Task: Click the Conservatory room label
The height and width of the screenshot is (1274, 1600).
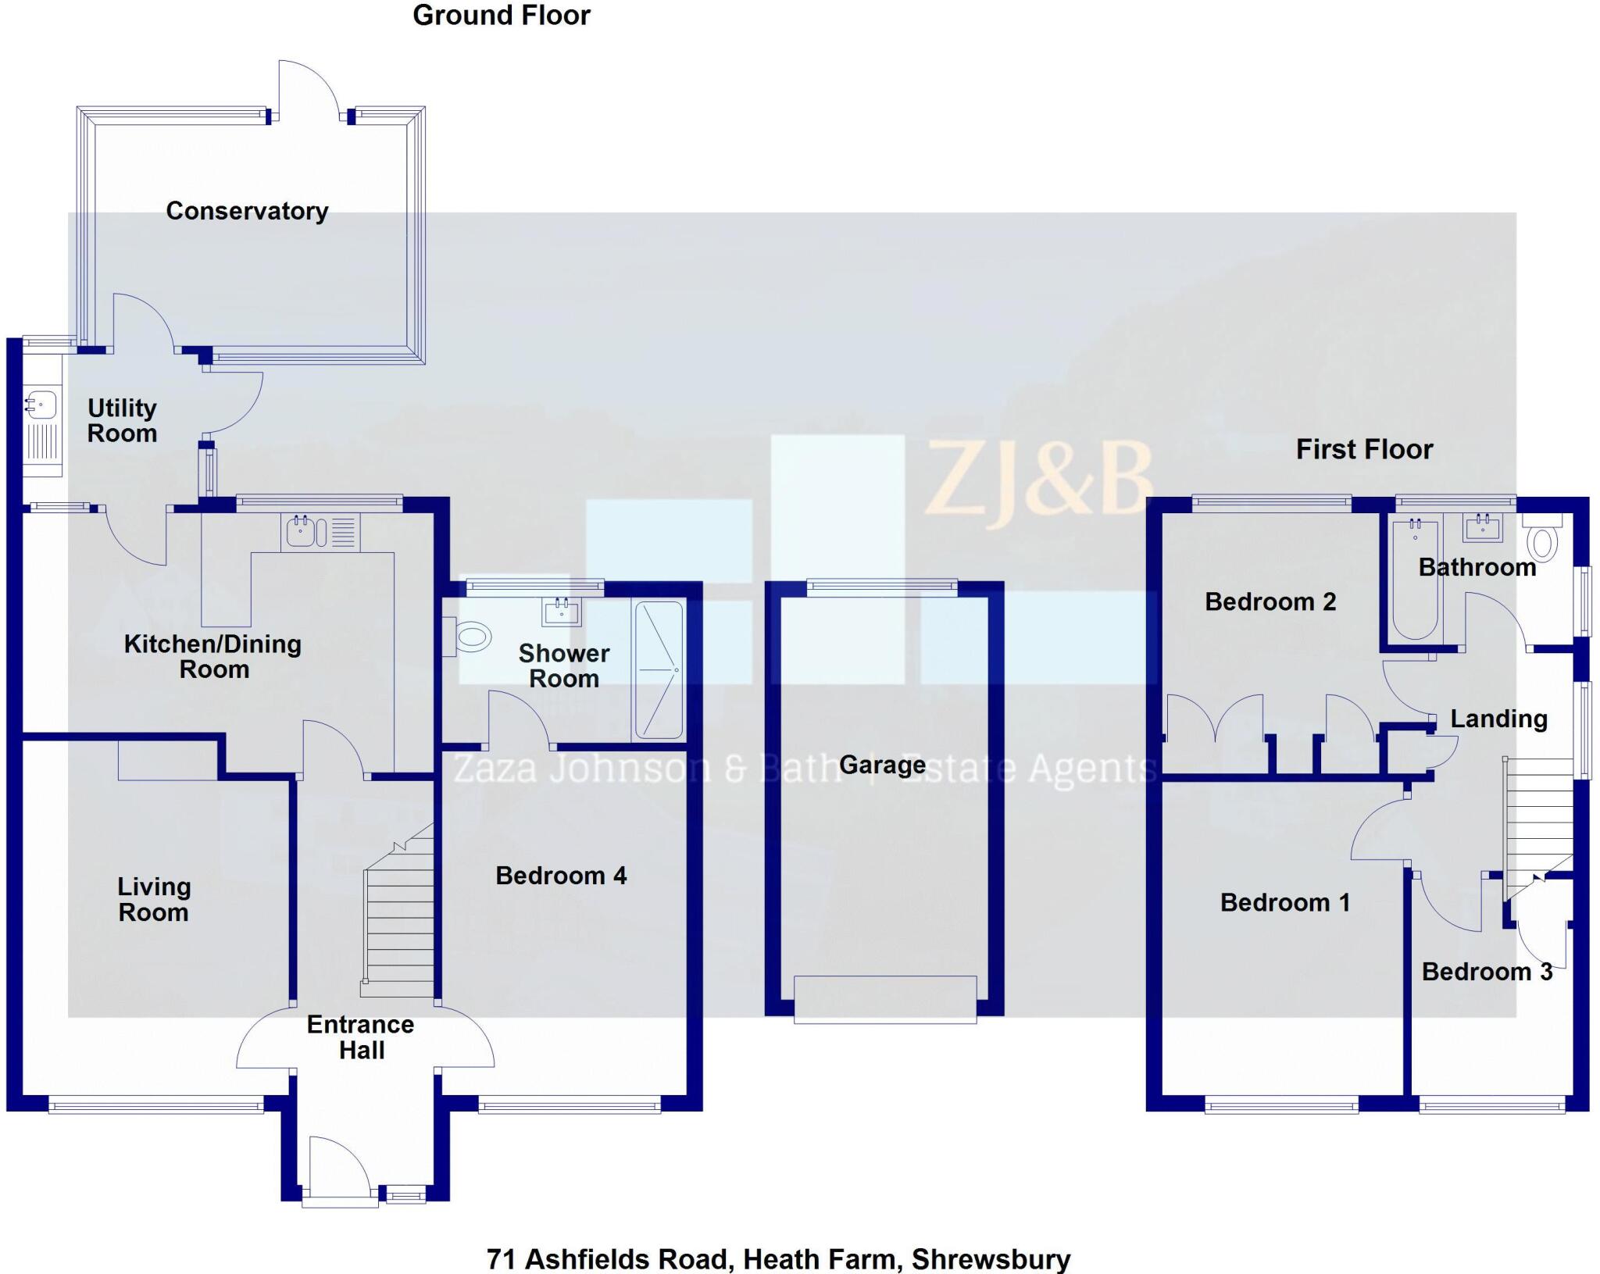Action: pyautogui.click(x=247, y=211)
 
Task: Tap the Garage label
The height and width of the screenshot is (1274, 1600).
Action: pyautogui.click(x=882, y=765)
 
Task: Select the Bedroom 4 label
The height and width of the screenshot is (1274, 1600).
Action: pyautogui.click(x=561, y=876)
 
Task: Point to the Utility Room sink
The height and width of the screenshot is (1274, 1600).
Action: pyautogui.click(x=40, y=405)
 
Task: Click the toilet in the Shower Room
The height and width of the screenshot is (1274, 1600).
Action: pyautogui.click(x=471, y=637)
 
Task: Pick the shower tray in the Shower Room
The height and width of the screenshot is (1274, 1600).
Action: pyautogui.click(x=659, y=669)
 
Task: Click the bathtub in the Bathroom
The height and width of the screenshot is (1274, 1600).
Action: pyautogui.click(x=1415, y=578)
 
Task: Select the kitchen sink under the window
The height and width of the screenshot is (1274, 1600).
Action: pyautogui.click(x=301, y=531)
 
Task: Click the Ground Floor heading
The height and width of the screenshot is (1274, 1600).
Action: pyautogui.click(x=502, y=16)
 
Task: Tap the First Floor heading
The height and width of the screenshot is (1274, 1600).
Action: pyautogui.click(x=1364, y=449)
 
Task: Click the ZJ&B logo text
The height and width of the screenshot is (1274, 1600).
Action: pyautogui.click(x=1039, y=477)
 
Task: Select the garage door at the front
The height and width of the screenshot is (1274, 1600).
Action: pyautogui.click(x=885, y=999)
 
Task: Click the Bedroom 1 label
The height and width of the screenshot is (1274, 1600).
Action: pyautogui.click(x=1285, y=902)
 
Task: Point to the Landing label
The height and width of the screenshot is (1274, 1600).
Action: pyautogui.click(x=1498, y=719)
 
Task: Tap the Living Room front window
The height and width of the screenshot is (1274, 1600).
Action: pyautogui.click(x=155, y=1104)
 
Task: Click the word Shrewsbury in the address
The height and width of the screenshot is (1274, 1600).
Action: pyautogui.click(x=991, y=1259)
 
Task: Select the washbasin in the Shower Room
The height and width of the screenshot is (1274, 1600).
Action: pyautogui.click(x=562, y=612)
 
